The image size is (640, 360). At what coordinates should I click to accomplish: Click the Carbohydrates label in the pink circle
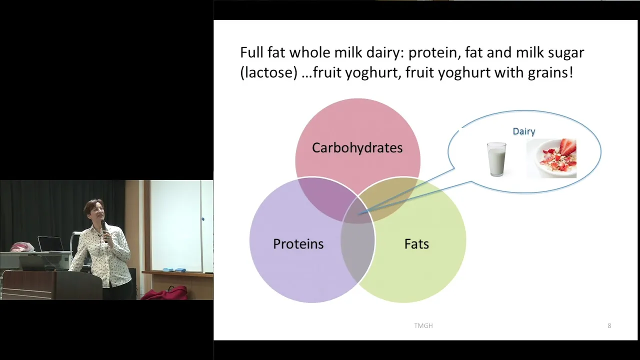[x=357, y=147]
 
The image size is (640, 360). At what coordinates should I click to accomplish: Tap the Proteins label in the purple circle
[x=298, y=243]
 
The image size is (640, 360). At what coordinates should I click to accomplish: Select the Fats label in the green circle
[x=416, y=243]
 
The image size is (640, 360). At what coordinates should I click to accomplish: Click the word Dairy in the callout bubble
[x=524, y=131]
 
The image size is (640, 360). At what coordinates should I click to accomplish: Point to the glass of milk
[x=496, y=159]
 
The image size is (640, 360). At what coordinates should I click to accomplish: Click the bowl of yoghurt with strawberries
[x=551, y=158]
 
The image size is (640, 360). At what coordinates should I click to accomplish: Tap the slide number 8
[x=609, y=325]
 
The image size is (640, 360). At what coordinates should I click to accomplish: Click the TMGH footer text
[x=423, y=325]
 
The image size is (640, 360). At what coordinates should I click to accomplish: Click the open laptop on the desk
[x=51, y=244]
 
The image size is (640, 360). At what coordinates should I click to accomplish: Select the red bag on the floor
[x=165, y=293]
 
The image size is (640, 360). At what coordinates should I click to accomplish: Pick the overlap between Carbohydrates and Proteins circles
[x=325, y=197]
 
